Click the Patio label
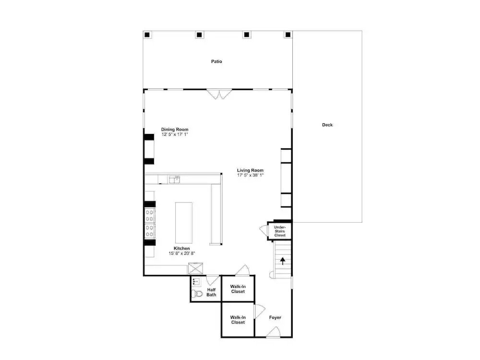point(216,61)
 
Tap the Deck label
point(327,125)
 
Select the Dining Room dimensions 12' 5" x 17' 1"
point(175,134)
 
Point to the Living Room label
point(250,170)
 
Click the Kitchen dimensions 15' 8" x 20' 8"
point(182,253)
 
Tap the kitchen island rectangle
point(184,223)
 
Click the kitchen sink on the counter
point(174,180)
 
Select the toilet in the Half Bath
point(197,294)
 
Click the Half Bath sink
point(196,282)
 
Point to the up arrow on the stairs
point(283,261)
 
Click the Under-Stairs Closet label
point(280,231)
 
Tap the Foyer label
point(275,318)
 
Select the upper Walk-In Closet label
point(238,289)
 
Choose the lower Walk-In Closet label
point(238,320)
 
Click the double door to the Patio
point(219,94)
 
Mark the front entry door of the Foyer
point(274,332)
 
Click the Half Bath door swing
point(213,280)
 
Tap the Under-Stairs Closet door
point(264,230)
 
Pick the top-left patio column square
point(147,35)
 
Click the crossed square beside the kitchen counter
point(196,268)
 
